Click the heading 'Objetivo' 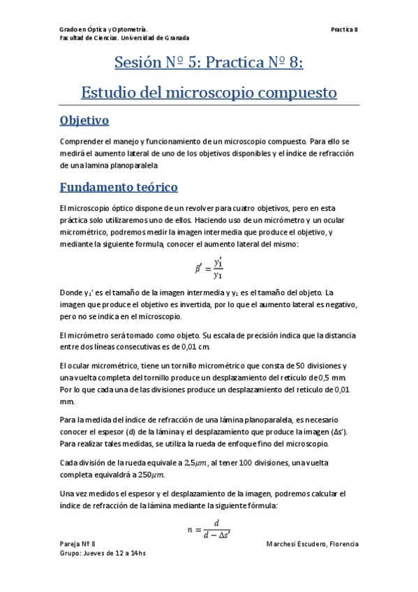(84, 121)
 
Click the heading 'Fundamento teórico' (119, 187)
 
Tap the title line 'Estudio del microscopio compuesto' (209, 92)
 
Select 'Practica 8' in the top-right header (345, 29)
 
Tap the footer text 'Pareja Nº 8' (77, 543)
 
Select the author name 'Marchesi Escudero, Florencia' (313, 543)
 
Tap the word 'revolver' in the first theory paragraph (176, 208)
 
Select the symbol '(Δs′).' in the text (343, 432)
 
